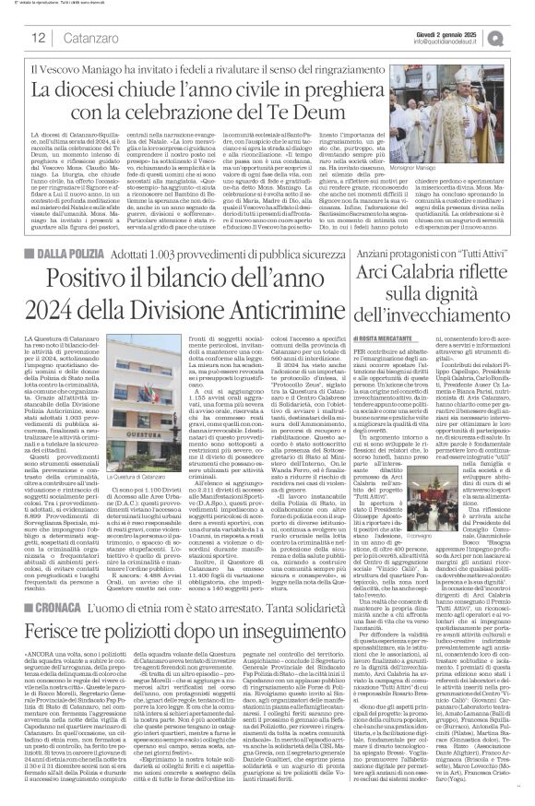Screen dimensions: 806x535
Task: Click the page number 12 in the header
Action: tap(40, 37)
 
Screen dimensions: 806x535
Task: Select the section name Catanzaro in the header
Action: tap(97, 38)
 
